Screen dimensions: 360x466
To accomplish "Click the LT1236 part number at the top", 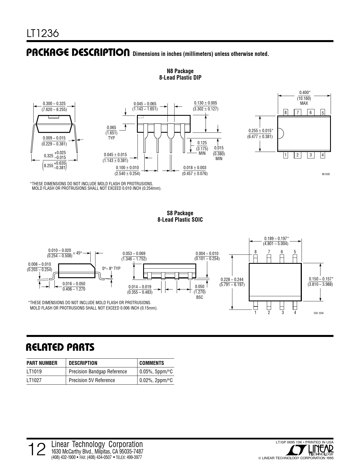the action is pos(43,33).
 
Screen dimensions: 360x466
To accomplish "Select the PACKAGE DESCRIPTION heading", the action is pos(78,53).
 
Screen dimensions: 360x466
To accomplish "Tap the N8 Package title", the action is pos(180,71).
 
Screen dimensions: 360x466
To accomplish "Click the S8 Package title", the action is pos(180,213).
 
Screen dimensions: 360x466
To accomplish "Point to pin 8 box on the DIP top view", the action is pos(285,113).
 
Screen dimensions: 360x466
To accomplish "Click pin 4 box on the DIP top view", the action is pos(323,155).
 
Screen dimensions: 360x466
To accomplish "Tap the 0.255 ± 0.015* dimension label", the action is pos(261,130).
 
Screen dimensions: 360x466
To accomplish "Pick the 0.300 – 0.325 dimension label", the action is pos(54,104).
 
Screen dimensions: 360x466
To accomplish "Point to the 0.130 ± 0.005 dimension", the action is pos(205,103).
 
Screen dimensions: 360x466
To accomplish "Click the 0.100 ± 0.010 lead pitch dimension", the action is pos(127,168).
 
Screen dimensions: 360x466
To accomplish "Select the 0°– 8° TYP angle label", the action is pos(111,269).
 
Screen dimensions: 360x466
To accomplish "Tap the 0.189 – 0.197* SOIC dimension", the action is pos(276,238).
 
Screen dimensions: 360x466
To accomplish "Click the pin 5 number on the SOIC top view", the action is pos(295,252).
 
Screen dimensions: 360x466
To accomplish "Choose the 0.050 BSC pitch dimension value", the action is pos(200,287).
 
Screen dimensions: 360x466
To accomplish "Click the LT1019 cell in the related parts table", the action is pos(34,371).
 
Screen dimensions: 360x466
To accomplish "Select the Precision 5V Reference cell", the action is pos(92,380).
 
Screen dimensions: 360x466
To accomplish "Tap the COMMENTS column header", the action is pos(152,363).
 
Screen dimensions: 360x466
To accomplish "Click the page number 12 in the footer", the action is pos(37,450).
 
